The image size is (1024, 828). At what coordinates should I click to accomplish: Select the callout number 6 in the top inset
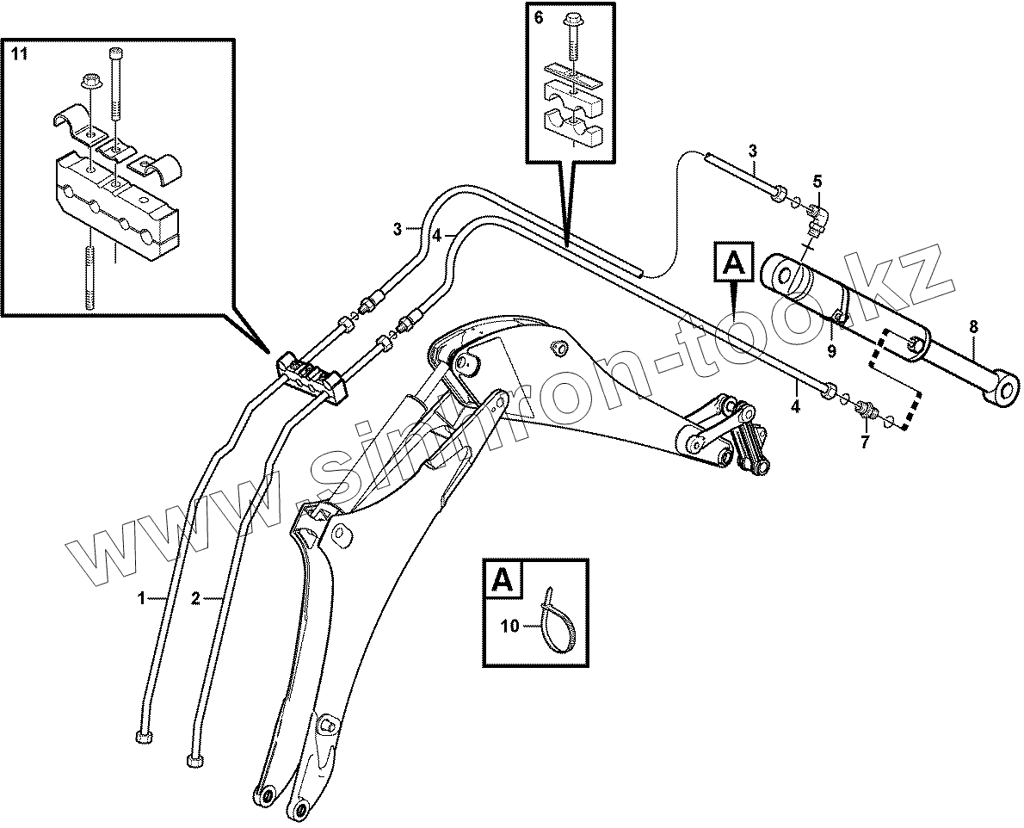pos(539,18)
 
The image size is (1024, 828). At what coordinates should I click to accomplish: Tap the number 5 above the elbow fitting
pos(817,182)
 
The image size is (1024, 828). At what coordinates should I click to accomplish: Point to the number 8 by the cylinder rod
pos(973,327)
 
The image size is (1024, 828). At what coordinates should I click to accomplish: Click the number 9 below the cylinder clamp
pos(831,351)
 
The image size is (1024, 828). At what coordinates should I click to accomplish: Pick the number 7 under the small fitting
pos(865,442)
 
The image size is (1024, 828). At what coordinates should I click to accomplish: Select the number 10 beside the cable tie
pos(509,627)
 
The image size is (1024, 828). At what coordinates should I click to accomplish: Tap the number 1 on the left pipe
pos(141,596)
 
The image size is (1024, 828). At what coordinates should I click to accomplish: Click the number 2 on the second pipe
pos(195,598)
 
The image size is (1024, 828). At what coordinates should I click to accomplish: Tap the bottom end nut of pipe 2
pos(194,761)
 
